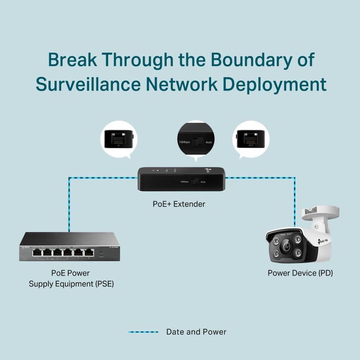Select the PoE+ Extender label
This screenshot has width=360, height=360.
coord(179,204)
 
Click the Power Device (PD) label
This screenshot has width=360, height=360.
coord(300,273)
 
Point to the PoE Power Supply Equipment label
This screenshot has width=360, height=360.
coord(71,278)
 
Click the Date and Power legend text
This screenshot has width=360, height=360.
coord(196,332)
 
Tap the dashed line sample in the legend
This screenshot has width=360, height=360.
coord(143,332)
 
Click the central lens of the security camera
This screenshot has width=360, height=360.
coord(287,247)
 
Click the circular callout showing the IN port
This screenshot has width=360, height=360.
coord(118,139)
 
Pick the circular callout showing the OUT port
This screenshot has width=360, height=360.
coord(251,139)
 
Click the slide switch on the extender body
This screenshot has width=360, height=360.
coord(194,182)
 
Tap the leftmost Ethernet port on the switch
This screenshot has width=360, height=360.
coord(37,253)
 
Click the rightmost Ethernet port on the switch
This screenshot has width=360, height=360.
coord(89,253)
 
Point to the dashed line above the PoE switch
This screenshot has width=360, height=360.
coord(69,205)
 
